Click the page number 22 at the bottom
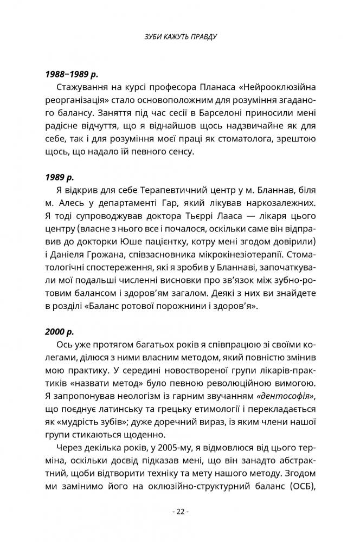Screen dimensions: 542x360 [x=179, y=511]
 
